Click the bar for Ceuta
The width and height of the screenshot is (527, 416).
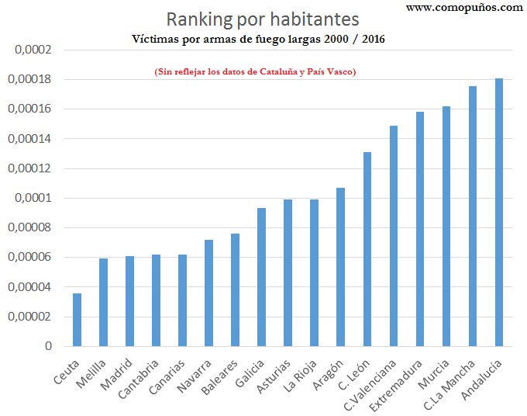coord(77,320)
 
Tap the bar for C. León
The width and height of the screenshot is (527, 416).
coord(367,249)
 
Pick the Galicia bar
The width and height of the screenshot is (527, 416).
coord(261,277)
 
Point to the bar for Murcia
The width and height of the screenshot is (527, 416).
coord(446,226)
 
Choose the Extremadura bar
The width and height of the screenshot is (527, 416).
coord(420,229)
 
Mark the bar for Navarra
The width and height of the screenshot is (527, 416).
coord(208,293)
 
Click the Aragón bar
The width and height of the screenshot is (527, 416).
coord(341,267)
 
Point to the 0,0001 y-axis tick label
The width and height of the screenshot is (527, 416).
coord(33,198)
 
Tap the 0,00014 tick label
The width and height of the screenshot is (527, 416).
coord(29,139)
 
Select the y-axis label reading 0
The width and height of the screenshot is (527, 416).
coord(47,346)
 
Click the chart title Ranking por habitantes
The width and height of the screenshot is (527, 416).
coord(263,19)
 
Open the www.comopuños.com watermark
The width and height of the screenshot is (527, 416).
coord(463,7)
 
